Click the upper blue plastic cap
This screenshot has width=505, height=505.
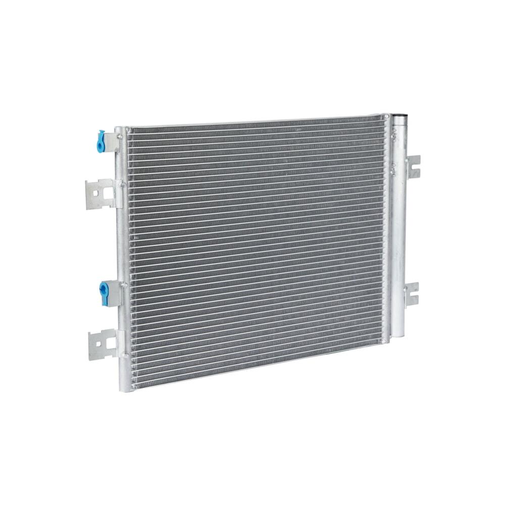[102, 141]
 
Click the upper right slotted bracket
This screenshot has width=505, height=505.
[413, 166]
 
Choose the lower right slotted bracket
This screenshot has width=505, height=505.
[412, 294]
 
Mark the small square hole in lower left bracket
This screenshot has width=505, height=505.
[99, 344]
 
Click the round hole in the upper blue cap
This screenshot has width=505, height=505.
[102, 144]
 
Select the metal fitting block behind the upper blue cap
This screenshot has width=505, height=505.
[112, 142]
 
